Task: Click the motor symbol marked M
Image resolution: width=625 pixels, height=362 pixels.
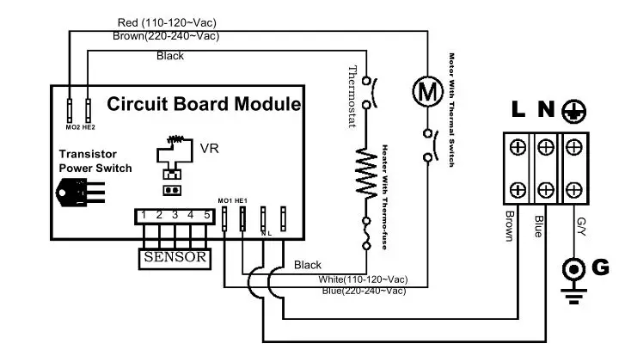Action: click(x=423, y=89)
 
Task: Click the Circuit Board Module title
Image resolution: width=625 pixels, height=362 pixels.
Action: click(x=204, y=104)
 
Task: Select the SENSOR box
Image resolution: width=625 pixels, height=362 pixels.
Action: click(x=175, y=256)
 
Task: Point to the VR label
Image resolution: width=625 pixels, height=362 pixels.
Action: click(x=210, y=148)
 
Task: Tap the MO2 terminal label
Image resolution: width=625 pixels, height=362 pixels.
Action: click(x=71, y=127)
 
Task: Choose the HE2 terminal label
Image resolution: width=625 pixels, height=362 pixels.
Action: click(x=89, y=127)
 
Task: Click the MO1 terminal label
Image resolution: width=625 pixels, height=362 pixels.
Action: click(x=225, y=200)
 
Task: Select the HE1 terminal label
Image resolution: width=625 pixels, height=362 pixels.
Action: click(x=242, y=200)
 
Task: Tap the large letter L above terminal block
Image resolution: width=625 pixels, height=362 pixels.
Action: click(x=518, y=110)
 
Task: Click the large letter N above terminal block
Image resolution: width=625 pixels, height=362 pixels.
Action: click(x=546, y=110)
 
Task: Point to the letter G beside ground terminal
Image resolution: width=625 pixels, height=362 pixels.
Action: click(x=601, y=267)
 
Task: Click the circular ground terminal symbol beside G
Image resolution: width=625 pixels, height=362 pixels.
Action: click(x=573, y=269)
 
